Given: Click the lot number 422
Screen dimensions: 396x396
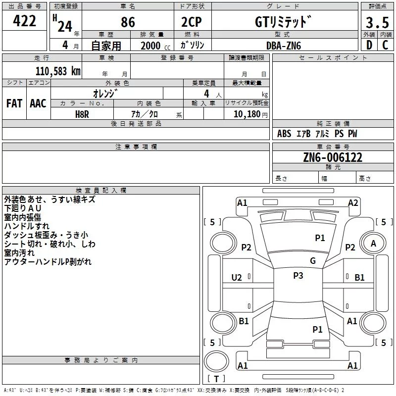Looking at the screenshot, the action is click(x=24, y=21).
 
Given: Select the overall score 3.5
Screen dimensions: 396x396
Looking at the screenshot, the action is click(x=377, y=23).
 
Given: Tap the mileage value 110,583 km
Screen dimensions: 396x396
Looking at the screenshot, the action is click(x=58, y=71).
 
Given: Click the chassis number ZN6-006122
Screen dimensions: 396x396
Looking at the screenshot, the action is click(x=333, y=157).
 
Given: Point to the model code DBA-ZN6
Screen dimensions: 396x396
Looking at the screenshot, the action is click(x=284, y=46).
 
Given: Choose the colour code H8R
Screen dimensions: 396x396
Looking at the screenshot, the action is click(x=82, y=114).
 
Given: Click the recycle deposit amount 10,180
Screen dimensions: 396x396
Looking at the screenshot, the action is click(x=247, y=114).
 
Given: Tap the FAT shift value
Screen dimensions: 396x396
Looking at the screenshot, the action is click(x=14, y=103).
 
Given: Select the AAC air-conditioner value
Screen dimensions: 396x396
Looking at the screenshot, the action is click(x=38, y=103).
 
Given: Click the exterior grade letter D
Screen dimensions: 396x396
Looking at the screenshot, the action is click(x=369, y=45).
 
